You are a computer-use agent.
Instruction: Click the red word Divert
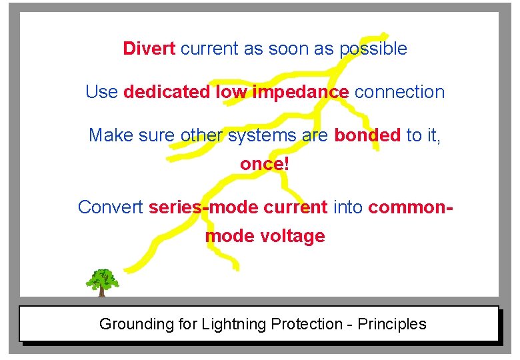point(149,49)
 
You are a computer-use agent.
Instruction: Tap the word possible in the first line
point(373,49)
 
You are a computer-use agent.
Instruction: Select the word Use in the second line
point(101,92)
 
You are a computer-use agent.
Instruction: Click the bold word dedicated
point(167,92)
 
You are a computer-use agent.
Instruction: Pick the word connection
point(399,92)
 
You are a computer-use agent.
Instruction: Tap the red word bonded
point(367,135)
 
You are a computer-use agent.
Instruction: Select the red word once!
point(265,164)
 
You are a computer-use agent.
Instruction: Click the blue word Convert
point(111,207)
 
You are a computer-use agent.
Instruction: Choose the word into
point(347,207)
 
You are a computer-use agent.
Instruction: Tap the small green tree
point(102,282)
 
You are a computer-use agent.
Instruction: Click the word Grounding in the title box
point(136,325)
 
